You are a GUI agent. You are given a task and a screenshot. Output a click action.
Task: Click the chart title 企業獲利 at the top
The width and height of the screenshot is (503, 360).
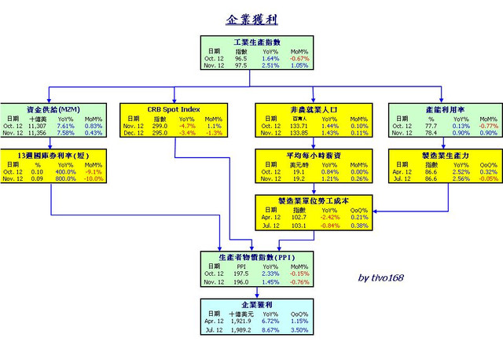[251, 19]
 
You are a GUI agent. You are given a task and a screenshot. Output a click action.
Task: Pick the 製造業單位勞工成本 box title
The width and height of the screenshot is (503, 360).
[312, 200]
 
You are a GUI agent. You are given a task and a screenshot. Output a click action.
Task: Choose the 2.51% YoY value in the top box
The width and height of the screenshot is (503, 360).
[270, 66]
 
